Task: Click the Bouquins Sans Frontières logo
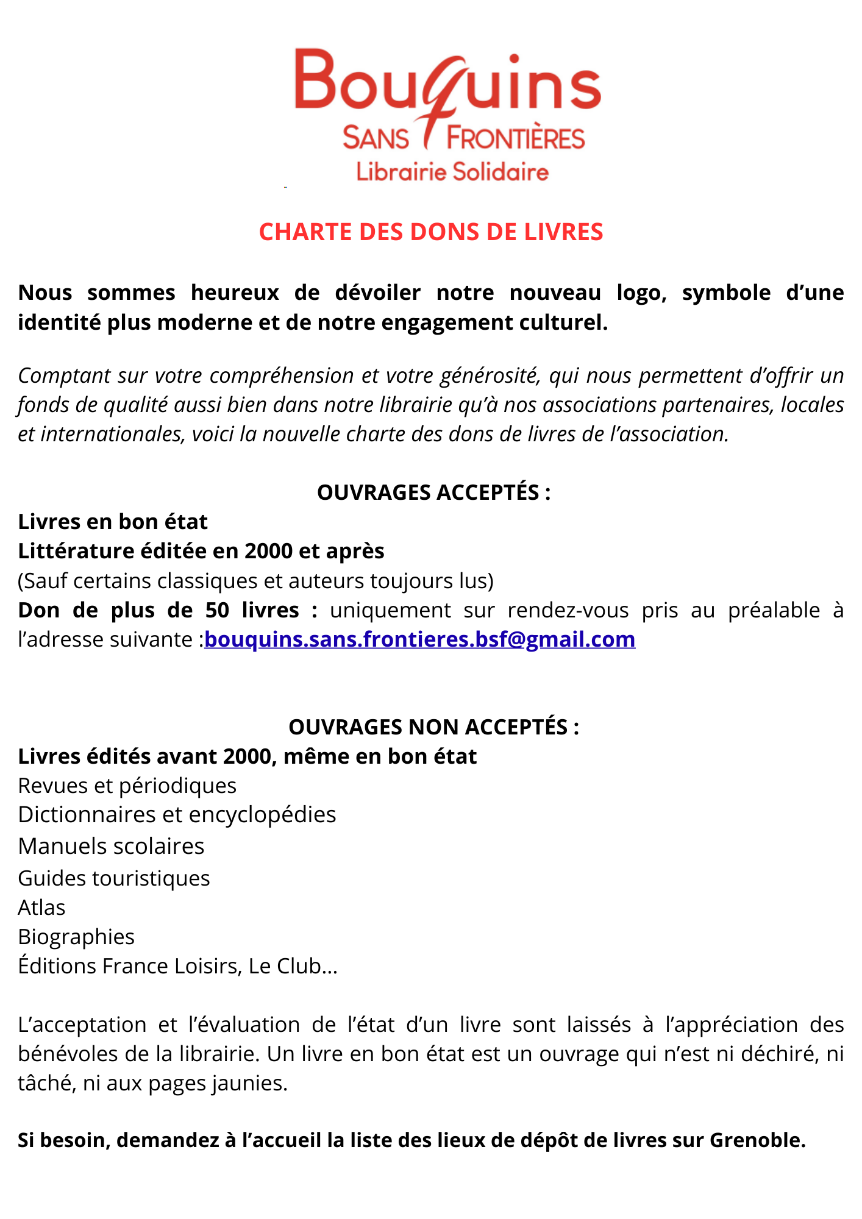(448, 98)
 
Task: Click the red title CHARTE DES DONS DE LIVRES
(431, 232)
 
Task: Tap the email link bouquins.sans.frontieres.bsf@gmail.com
(419, 639)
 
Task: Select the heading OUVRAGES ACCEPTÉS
(433, 492)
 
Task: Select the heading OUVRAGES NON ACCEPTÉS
(433, 727)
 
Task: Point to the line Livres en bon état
(113, 522)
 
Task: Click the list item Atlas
(41, 908)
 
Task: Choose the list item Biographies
(76, 937)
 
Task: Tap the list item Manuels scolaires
(111, 846)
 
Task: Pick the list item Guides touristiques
(114, 878)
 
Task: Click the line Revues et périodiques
(127, 786)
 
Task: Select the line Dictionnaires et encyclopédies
(177, 815)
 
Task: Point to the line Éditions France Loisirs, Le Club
(177, 966)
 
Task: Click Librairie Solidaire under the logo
(452, 172)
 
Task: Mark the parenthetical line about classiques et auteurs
(255, 581)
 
